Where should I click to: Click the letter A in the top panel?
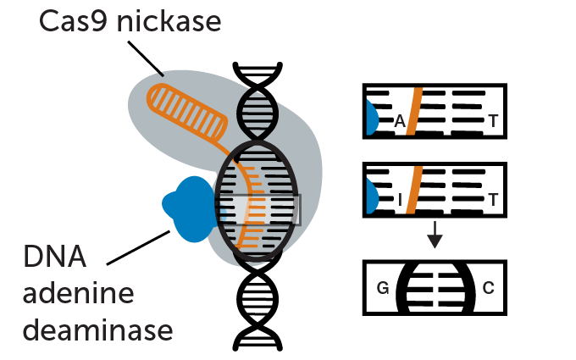400,124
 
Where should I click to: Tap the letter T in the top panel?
493,124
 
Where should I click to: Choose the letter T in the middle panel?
493,201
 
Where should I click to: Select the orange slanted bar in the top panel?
413,111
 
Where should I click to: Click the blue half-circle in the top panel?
371,118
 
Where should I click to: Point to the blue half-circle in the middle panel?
371,197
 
